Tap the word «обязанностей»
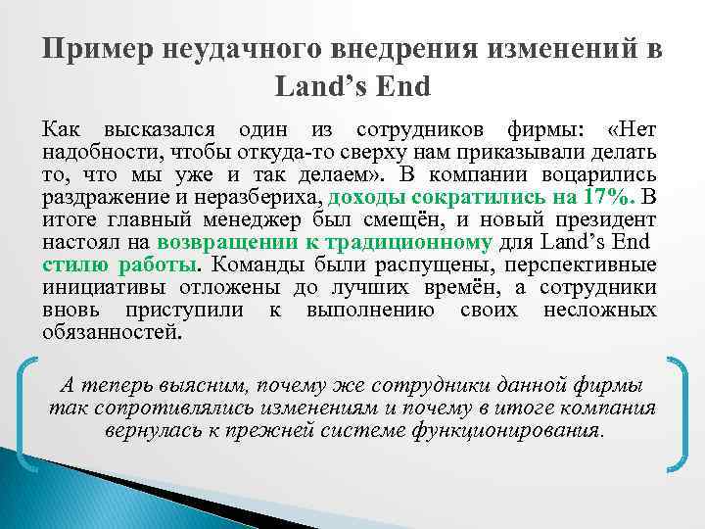(111, 331)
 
